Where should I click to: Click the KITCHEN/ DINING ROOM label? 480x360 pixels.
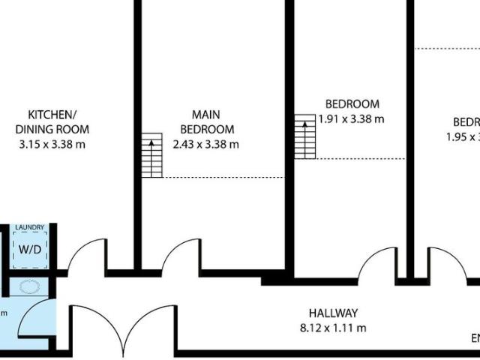click(x=52, y=121)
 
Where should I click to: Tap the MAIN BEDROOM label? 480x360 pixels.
click(x=205, y=121)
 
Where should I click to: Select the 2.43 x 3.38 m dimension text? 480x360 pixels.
click(x=205, y=143)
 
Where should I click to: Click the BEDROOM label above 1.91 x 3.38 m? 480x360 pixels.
click(x=352, y=104)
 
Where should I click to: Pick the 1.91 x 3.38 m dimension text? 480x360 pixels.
click(x=352, y=118)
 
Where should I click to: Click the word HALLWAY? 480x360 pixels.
click(x=333, y=313)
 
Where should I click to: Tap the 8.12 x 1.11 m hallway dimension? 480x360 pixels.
click(x=333, y=328)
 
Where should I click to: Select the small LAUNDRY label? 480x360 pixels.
click(x=31, y=227)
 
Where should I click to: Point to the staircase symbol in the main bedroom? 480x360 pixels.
click(x=152, y=155)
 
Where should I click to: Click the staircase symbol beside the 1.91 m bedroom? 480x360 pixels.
click(x=304, y=136)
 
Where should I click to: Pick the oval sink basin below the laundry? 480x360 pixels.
click(x=31, y=286)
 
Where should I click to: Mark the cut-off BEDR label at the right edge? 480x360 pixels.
click(x=466, y=122)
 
